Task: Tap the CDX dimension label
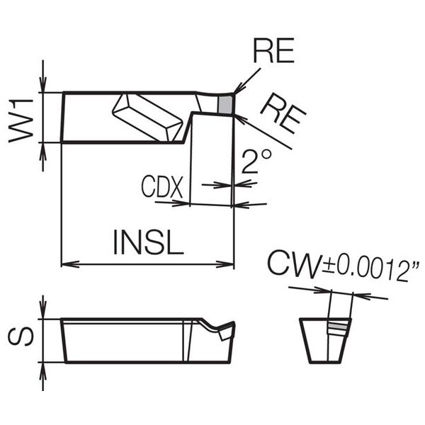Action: click(162, 188)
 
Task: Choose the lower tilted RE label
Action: click(283, 114)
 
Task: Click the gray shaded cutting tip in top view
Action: click(226, 104)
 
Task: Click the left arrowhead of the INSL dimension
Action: click(67, 263)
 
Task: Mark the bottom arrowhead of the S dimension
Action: click(44, 368)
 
